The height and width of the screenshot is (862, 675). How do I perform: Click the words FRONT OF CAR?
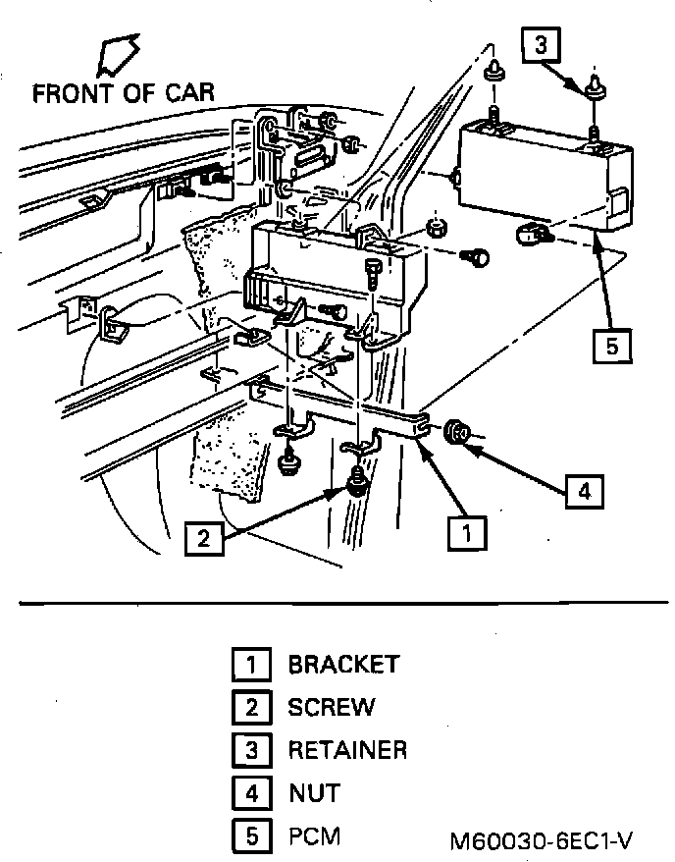pos(123,94)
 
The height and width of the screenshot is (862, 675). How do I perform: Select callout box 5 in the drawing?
pos(611,346)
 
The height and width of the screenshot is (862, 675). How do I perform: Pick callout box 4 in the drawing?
pos(585,491)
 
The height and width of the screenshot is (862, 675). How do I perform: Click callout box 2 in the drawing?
pos(203,537)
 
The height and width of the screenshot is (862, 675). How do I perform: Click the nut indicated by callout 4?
pos(456,433)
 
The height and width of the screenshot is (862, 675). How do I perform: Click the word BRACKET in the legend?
pos(343,664)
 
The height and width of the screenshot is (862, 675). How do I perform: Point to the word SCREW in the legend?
pos(331,707)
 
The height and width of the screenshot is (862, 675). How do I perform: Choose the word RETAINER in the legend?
pos(347,750)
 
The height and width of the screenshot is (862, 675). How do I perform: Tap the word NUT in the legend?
pos(314,792)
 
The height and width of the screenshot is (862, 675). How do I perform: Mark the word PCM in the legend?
pos(314,836)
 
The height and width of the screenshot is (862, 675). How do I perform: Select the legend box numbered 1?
pos(251,666)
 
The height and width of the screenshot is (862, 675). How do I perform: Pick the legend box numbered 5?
pos(251,837)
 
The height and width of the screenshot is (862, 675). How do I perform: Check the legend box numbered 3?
pos(251,751)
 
